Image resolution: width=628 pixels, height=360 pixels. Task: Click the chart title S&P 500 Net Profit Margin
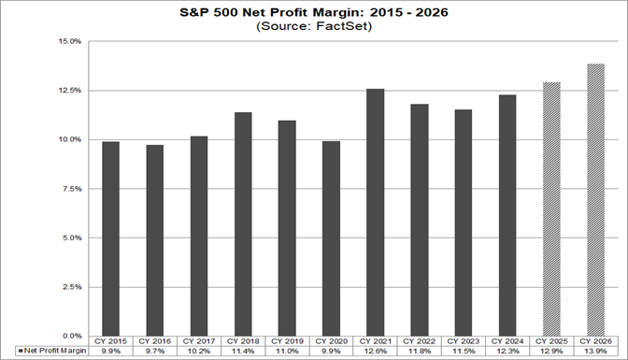click(x=313, y=14)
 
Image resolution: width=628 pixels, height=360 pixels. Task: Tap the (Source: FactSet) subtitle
click(x=313, y=28)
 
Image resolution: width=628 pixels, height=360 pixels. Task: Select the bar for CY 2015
click(x=110, y=238)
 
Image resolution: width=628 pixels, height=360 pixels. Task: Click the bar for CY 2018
click(x=244, y=223)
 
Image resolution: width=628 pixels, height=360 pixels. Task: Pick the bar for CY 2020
click(x=333, y=238)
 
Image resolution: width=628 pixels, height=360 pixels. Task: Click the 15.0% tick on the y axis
click(x=70, y=41)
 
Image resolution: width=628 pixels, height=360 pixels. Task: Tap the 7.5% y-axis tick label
click(x=72, y=188)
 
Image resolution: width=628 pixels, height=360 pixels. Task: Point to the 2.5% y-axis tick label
click(x=72, y=286)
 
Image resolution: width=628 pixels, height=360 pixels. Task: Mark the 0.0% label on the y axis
click(x=72, y=335)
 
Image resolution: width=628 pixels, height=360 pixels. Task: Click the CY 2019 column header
click(x=288, y=342)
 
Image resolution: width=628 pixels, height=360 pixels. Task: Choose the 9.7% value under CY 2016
click(x=155, y=352)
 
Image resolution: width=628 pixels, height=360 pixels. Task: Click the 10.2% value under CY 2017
click(x=199, y=352)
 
